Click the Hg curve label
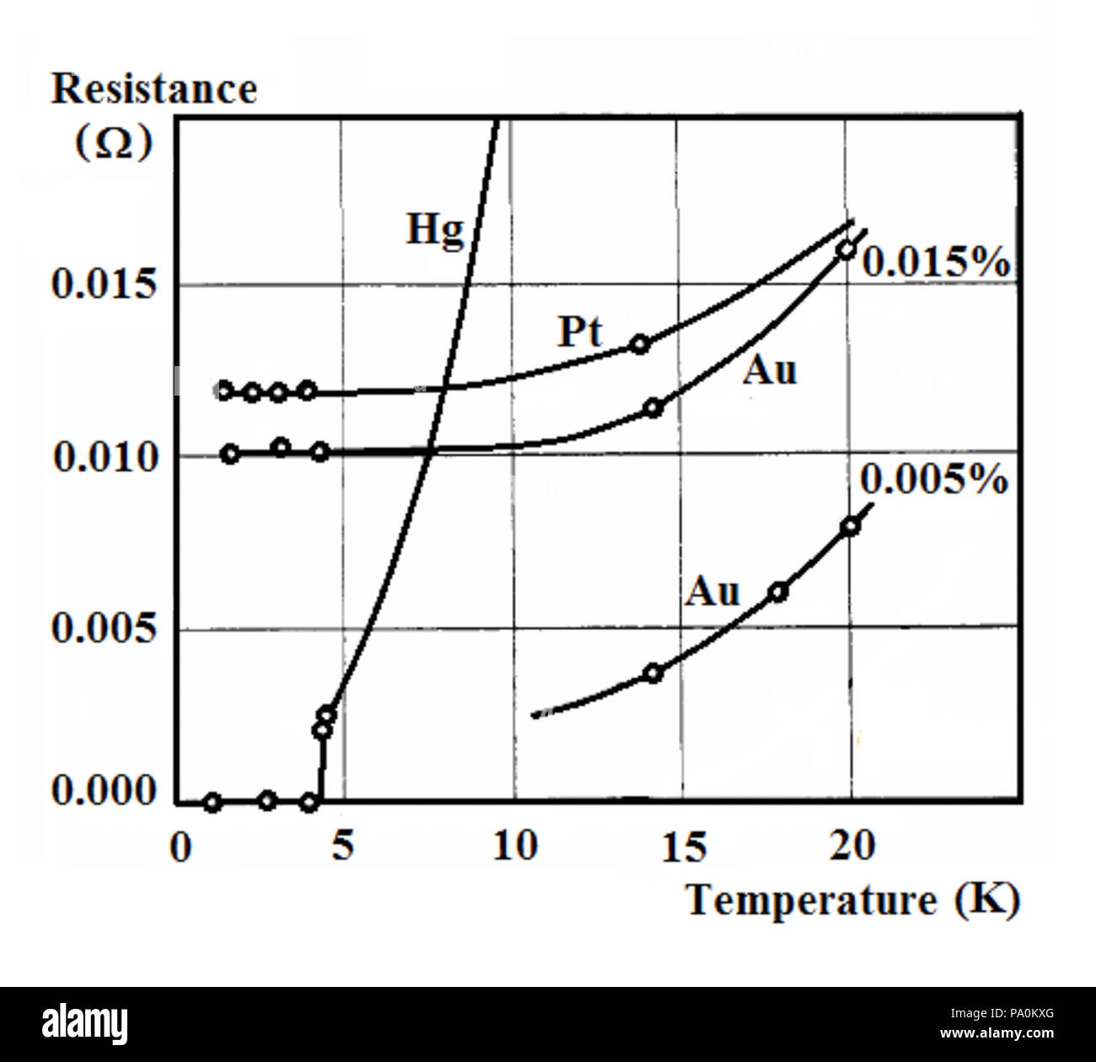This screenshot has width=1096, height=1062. [x=435, y=229]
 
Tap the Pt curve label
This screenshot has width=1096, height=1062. [x=580, y=332]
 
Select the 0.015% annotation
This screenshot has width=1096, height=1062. [x=935, y=263]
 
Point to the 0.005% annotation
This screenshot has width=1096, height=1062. [x=933, y=480]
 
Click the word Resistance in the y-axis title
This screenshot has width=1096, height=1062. [x=154, y=89]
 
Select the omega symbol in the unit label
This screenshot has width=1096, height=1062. [x=113, y=143]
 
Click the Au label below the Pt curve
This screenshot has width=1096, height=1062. [x=769, y=370]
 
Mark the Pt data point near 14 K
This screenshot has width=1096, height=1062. [x=641, y=343]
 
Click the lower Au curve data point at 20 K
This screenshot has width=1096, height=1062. [x=851, y=526]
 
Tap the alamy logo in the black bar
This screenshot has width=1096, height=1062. [x=85, y=1024]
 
